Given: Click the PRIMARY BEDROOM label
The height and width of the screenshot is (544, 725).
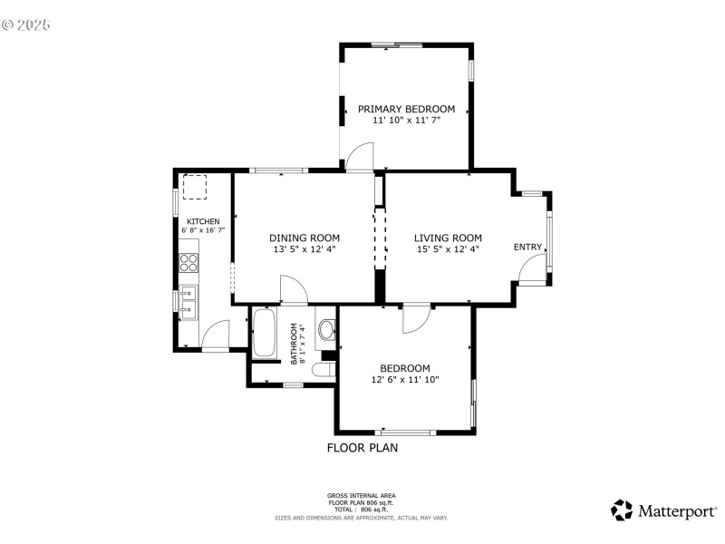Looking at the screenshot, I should coord(406,109).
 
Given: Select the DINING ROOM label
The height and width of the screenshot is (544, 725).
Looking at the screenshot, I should coord(304,238).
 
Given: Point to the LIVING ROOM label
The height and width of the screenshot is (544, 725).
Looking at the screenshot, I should coord(448,238).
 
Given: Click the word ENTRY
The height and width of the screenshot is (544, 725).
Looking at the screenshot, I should coord(527,248).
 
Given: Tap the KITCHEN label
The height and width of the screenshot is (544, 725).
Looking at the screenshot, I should coord(203,221).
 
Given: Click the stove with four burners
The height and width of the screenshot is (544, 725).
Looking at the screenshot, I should coord(189,263).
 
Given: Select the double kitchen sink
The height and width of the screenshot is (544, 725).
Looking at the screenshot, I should coord(188,301).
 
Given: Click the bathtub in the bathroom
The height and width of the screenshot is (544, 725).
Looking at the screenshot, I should coord(266,334).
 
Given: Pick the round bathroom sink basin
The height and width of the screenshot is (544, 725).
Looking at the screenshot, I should coord(326,331).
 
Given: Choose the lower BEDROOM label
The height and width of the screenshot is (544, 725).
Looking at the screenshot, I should coord(404,368).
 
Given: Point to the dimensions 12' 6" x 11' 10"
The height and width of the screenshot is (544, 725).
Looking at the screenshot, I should coord(404,380).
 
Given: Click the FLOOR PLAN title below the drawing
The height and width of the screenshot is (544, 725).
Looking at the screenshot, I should coord(362,447).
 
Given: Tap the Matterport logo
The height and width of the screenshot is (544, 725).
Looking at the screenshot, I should coord(662,510).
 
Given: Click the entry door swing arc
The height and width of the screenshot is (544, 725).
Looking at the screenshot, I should coord(533,266).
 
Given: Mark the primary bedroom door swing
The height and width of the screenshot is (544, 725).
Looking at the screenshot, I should coord(360,155).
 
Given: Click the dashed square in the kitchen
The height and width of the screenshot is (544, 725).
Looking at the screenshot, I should coord(195,187).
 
